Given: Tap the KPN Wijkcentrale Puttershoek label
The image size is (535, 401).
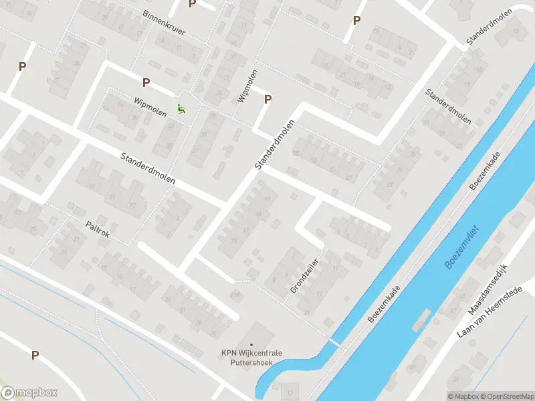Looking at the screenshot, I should [x=252, y=358].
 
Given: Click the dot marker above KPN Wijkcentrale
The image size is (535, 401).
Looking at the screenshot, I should [x=251, y=345].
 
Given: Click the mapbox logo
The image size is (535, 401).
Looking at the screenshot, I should [x=29, y=393].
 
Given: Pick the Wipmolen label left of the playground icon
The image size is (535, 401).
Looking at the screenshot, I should [x=150, y=105].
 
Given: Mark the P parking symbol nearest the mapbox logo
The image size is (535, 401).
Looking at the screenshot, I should [x=35, y=356].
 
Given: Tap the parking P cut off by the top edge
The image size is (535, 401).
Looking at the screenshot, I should [x=193, y=3].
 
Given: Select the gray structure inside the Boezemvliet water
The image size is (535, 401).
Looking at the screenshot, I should [x=421, y=320].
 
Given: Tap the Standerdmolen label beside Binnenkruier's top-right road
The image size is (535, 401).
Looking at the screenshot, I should [x=490, y=27].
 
